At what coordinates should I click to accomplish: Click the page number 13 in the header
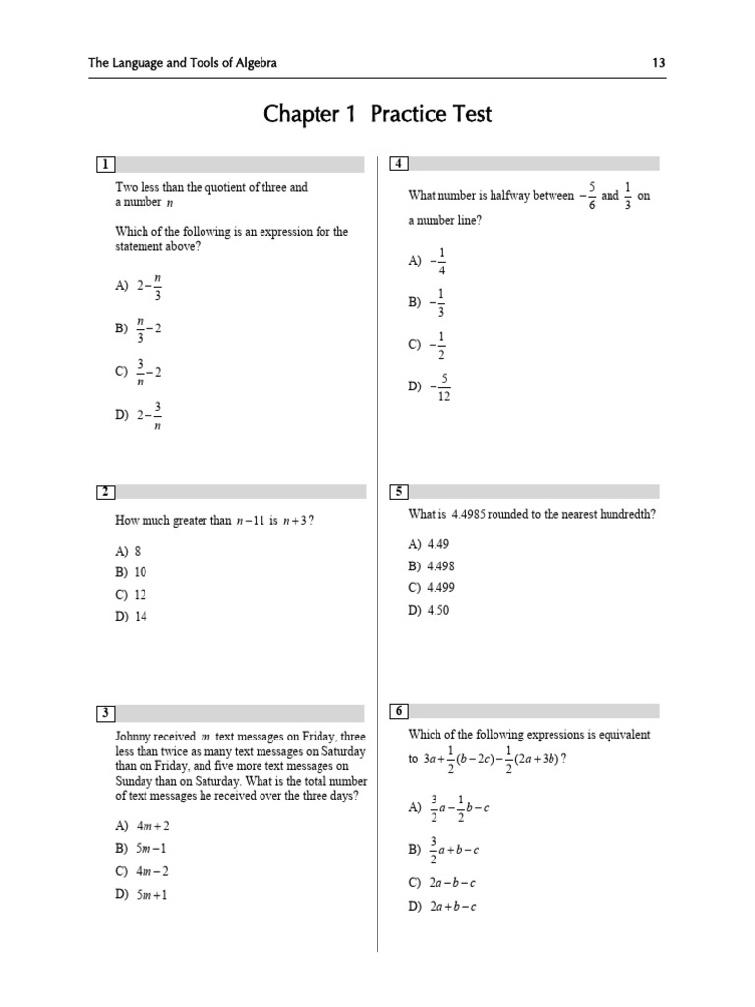tap(659, 63)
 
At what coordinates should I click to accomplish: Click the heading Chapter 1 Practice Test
tap(377, 115)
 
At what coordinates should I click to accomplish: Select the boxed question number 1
tap(104, 164)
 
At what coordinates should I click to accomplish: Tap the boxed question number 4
tap(398, 164)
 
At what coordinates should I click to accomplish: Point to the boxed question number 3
tap(104, 712)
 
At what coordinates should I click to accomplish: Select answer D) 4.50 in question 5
tap(429, 610)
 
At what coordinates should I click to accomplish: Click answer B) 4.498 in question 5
tap(432, 566)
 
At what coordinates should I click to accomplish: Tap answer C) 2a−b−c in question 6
tap(442, 883)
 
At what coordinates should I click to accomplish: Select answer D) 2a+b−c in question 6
tap(442, 907)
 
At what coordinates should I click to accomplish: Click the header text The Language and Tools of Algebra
tap(183, 63)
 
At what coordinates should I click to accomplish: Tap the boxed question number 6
tap(398, 711)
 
